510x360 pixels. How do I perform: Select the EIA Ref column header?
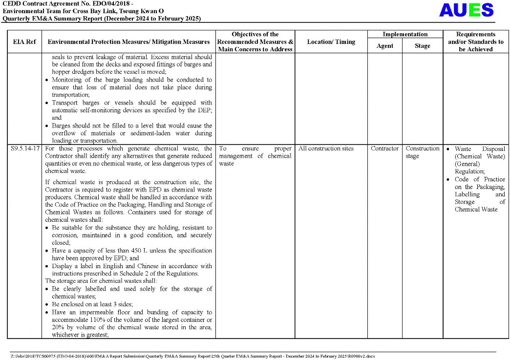point(24,42)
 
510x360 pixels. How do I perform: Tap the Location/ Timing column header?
point(331,42)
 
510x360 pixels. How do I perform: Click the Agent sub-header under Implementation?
point(384,46)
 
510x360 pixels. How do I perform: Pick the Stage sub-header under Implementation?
point(422,46)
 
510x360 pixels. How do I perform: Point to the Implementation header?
point(404,34)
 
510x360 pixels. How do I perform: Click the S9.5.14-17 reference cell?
point(25,148)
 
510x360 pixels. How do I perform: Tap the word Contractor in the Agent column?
point(384,148)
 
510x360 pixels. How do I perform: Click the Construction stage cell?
point(422,152)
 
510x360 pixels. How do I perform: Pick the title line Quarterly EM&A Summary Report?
point(102,19)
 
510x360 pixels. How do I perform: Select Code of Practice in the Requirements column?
point(480,179)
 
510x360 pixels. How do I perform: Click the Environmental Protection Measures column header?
point(128,42)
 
